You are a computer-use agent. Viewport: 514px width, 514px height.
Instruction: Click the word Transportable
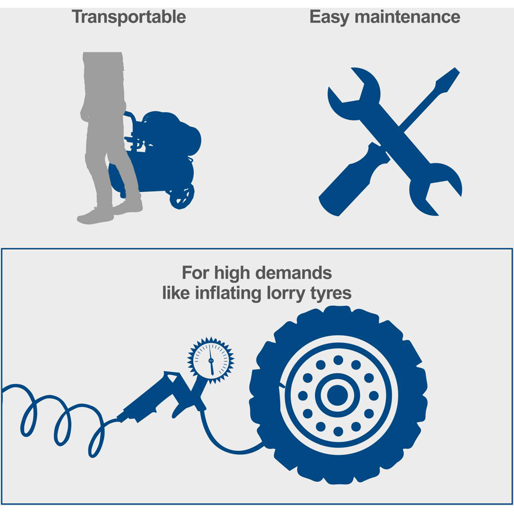tap(129, 17)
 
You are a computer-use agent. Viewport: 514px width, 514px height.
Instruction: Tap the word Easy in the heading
tap(329, 17)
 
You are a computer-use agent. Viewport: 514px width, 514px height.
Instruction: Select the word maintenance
tap(408, 17)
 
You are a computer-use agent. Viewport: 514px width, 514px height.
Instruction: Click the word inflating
tap(228, 293)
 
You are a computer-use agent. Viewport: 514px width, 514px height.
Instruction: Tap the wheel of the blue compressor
tap(181, 197)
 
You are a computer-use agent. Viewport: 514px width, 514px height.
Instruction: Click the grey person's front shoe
tap(95, 216)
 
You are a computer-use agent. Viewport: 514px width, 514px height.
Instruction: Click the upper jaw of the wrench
tap(354, 94)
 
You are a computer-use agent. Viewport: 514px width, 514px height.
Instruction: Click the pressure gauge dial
tap(211, 360)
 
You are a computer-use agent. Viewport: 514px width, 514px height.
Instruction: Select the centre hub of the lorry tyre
tap(337, 395)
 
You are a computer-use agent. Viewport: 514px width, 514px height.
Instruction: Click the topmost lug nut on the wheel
tap(338, 360)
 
